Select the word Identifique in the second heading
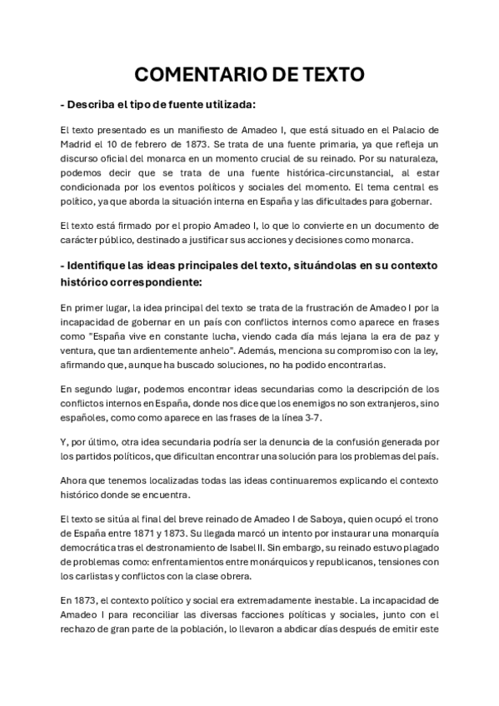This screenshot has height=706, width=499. click(x=105, y=266)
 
